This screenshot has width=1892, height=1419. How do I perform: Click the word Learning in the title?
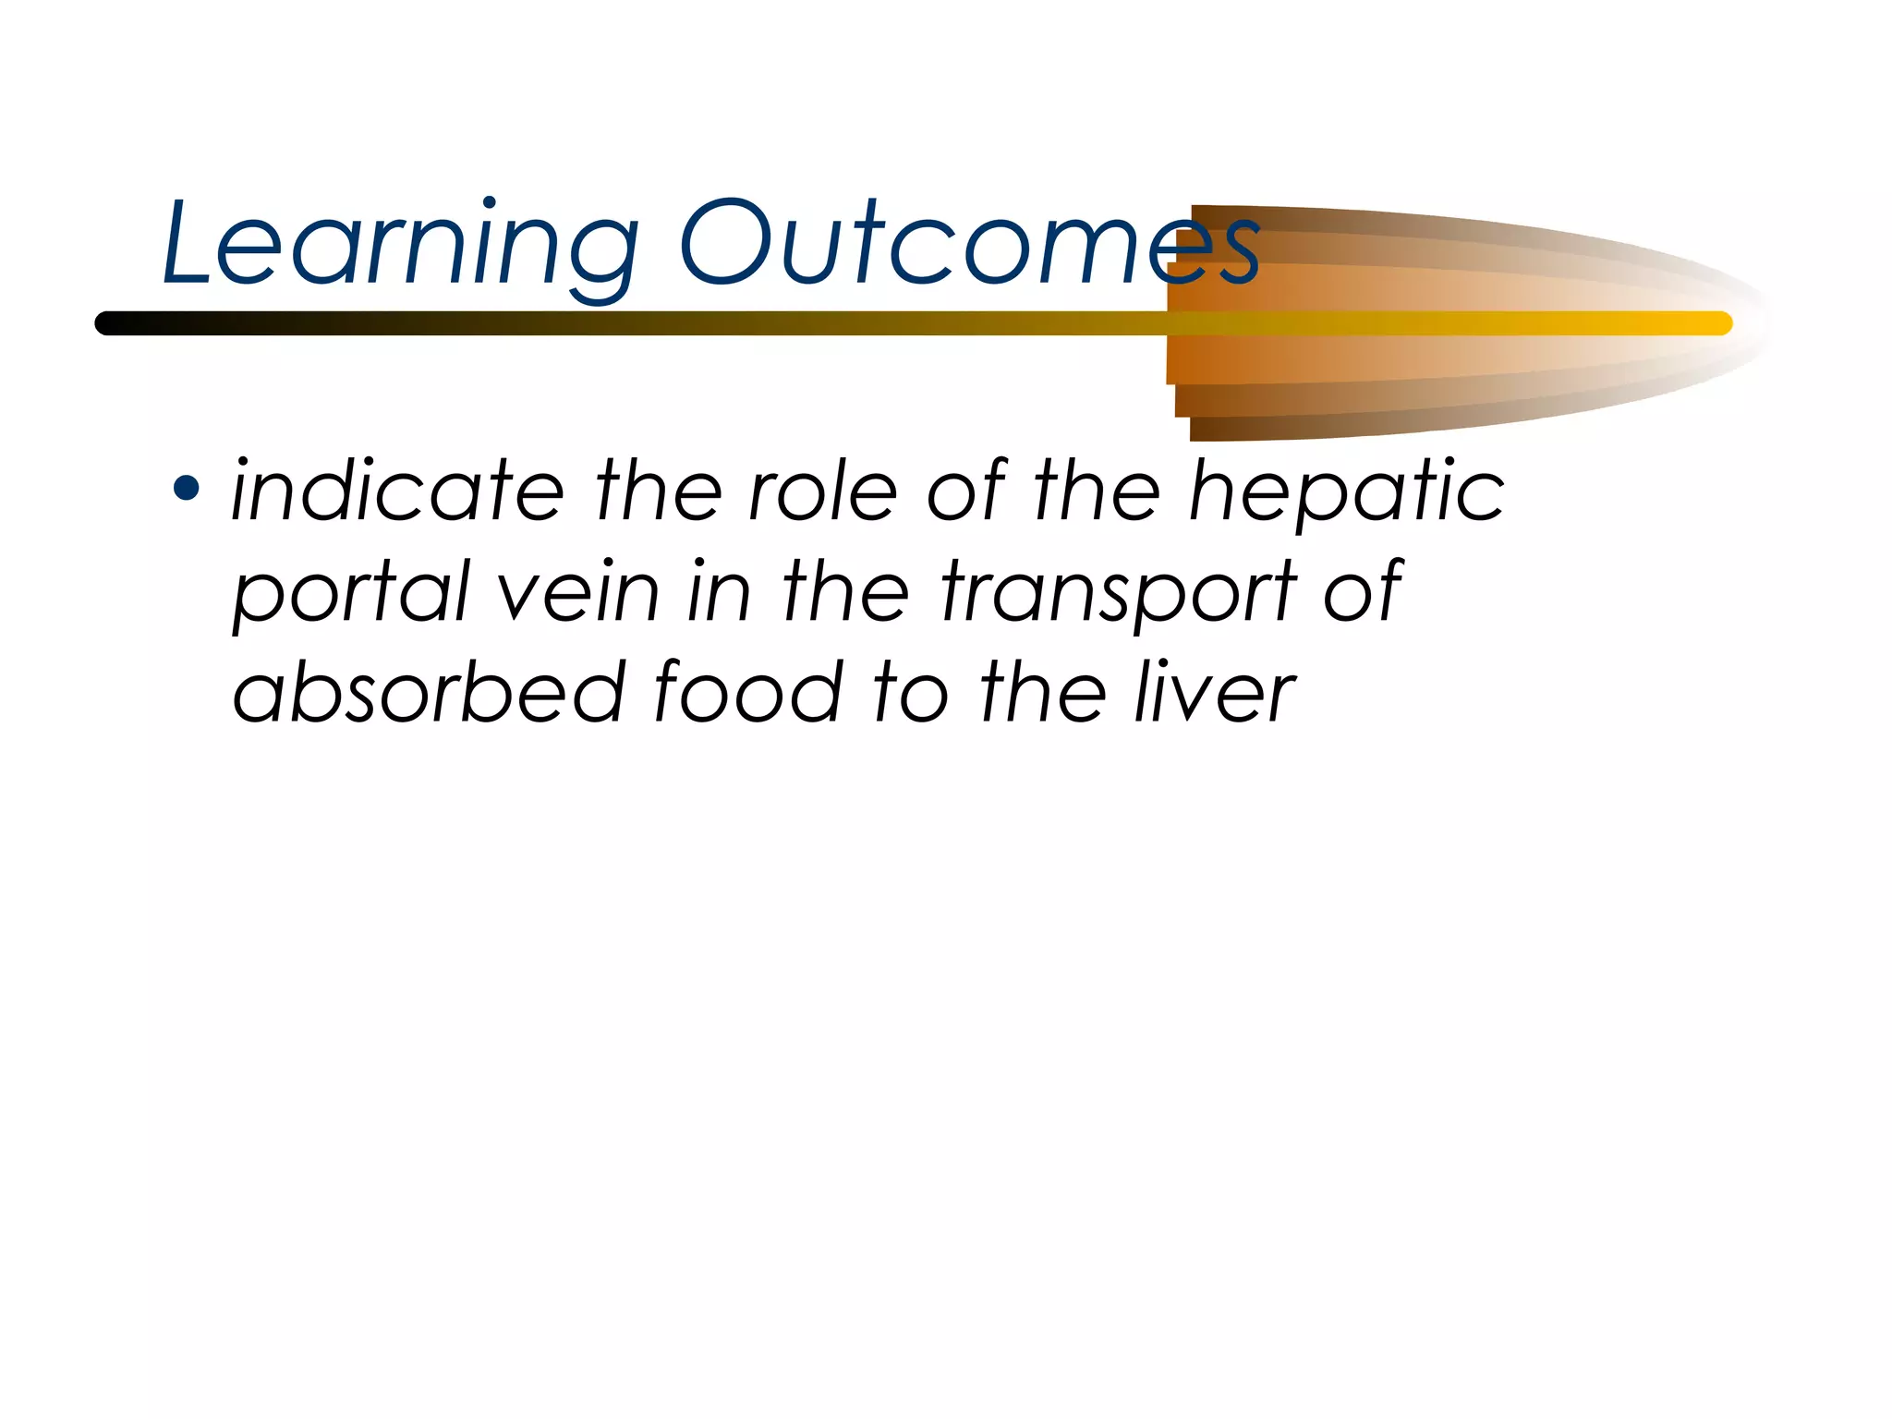(400, 245)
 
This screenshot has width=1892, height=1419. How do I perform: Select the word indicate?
(397, 491)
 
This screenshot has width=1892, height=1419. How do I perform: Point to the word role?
(822, 491)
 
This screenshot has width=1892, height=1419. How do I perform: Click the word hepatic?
(1346, 492)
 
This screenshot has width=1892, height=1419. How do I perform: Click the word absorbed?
(429, 693)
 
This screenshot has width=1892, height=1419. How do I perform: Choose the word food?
(747, 693)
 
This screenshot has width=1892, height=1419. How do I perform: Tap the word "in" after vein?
(718, 591)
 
